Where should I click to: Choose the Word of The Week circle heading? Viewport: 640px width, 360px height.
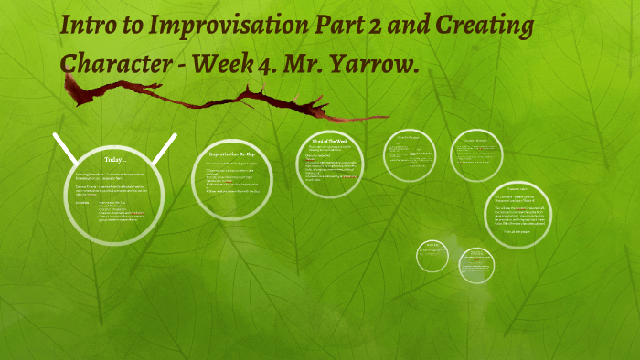[331, 140]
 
